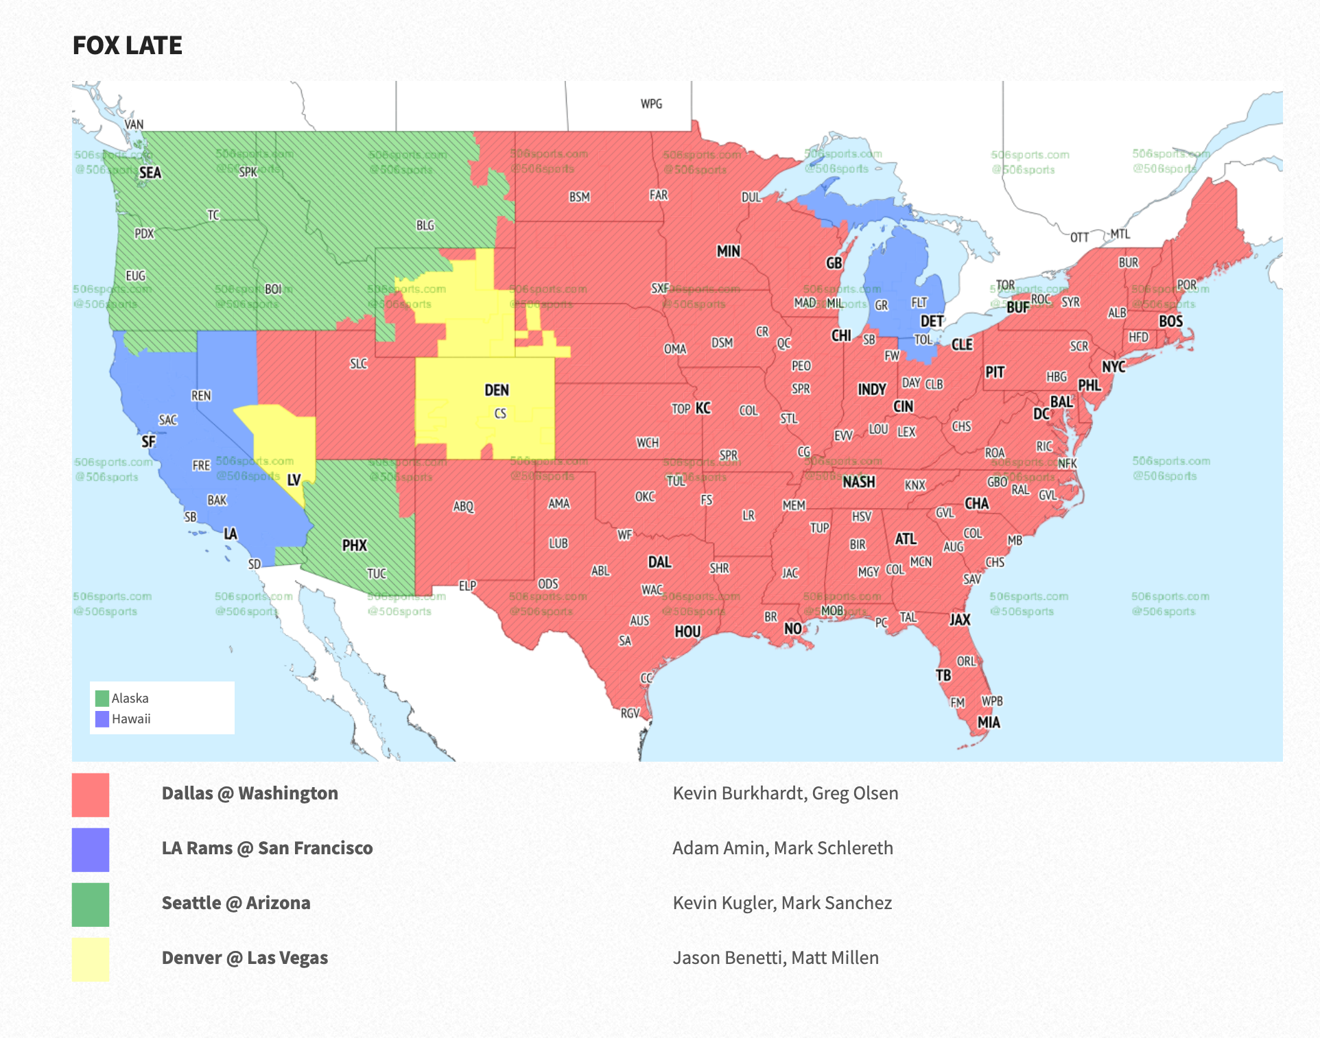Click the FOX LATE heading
tap(128, 45)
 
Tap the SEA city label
tap(150, 173)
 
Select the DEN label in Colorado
tap(497, 390)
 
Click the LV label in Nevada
tap(294, 480)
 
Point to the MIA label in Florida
tap(989, 722)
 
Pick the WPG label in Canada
tap(651, 104)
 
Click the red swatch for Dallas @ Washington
tap(91, 795)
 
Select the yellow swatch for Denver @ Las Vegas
tap(91, 959)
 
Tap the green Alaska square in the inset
tap(102, 698)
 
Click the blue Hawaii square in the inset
tap(102, 719)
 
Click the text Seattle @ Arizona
tap(236, 903)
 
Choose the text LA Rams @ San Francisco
tap(267, 848)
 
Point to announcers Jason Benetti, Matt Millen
tap(775, 958)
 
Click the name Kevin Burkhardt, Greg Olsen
tap(785, 793)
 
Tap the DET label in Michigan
tap(932, 322)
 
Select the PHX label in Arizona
tap(355, 546)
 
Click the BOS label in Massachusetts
tap(1170, 322)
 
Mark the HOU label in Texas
tap(687, 631)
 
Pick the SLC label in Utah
tap(358, 363)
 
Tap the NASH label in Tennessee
tap(858, 482)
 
